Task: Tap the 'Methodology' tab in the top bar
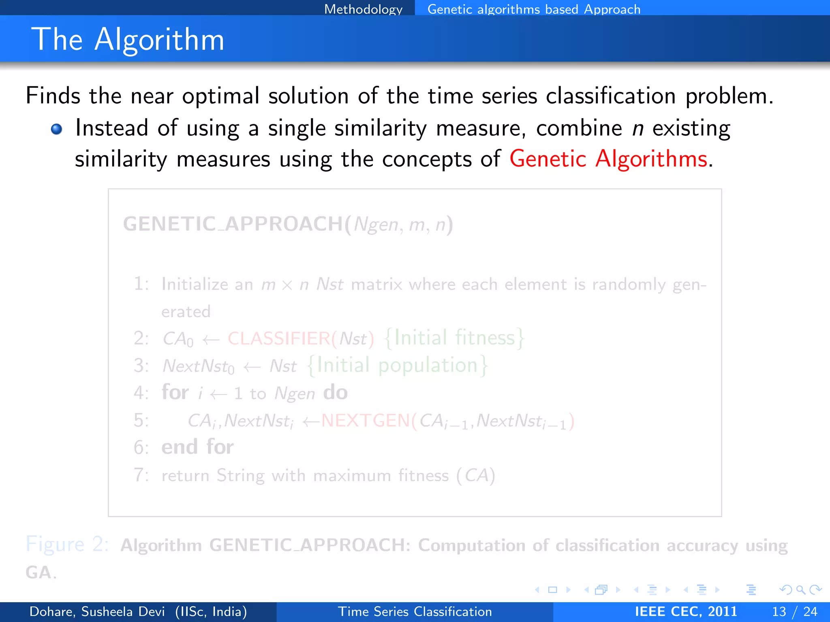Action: click(363, 9)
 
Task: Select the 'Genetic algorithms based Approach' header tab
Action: click(534, 9)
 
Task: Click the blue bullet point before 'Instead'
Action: click(56, 129)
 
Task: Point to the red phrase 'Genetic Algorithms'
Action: click(608, 158)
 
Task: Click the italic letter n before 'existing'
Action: click(638, 129)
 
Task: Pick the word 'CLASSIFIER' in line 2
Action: click(279, 339)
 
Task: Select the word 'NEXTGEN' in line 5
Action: click(365, 421)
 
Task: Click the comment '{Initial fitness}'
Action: click(454, 338)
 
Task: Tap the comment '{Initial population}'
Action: click(398, 365)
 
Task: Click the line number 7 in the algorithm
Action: click(140, 475)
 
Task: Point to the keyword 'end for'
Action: click(197, 447)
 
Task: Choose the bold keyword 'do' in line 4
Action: click(335, 392)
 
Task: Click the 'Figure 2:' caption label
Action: click(67, 544)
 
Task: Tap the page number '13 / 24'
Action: click(794, 611)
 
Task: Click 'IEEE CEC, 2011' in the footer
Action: click(686, 611)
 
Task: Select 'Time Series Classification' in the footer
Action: click(415, 611)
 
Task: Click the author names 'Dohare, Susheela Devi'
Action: click(97, 611)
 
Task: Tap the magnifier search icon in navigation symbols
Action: click(800, 590)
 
